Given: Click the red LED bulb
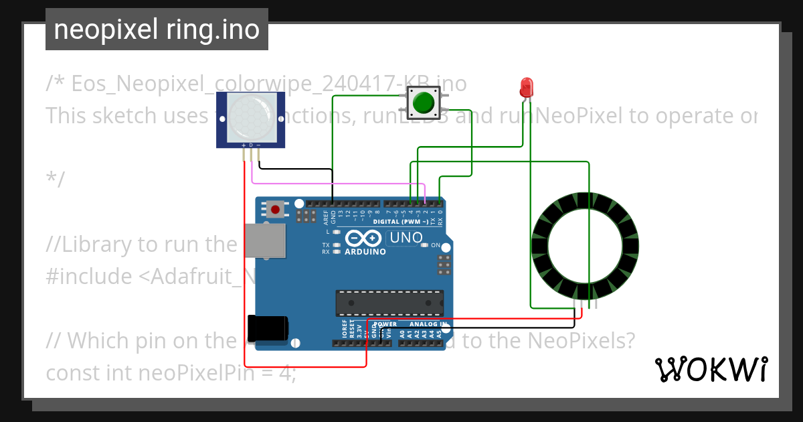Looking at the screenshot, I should [x=527, y=86].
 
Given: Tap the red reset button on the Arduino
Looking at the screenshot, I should [x=275, y=209].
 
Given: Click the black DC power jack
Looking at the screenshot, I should [x=268, y=328].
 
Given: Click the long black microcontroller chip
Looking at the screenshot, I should [x=389, y=303].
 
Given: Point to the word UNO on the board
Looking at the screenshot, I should [x=406, y=237].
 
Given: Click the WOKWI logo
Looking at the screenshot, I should [x=711, y=369].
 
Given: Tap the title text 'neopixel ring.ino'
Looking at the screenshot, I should [x=157, y=29].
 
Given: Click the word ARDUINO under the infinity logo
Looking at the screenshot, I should [x=365, y=252].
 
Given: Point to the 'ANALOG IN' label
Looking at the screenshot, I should [x=428, y=324].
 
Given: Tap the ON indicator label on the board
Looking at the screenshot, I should [x=436, y=245].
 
